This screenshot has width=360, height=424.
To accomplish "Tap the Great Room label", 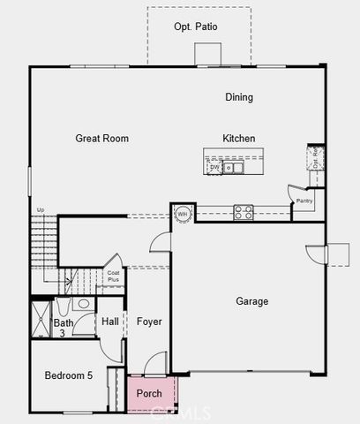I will pos(102,139).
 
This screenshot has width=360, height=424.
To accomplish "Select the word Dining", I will pos(239,98).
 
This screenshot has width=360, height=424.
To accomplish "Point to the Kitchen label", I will pos(238,139).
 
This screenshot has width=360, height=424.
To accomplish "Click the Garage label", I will pos(251,301).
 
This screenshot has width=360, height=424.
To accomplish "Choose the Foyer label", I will pos(149,322).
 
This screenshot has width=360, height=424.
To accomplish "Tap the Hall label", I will pos(109,322).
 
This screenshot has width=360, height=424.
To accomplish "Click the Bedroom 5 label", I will pos(69,376).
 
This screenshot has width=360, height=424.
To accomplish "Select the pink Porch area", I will pos(148,393).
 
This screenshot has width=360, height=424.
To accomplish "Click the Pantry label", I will pos(304,201).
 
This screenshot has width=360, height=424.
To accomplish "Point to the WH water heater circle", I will pos(183,214).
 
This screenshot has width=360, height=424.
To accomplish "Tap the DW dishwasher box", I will pos(214,166).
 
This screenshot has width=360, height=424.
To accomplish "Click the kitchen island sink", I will pos(234,166).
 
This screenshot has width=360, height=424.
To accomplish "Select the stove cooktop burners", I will pos(243,212).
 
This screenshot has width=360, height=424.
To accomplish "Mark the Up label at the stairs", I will pos(40,210).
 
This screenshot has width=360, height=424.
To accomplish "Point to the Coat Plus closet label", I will pos(113,276).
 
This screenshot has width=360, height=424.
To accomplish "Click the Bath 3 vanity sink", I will pos(84,304).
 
